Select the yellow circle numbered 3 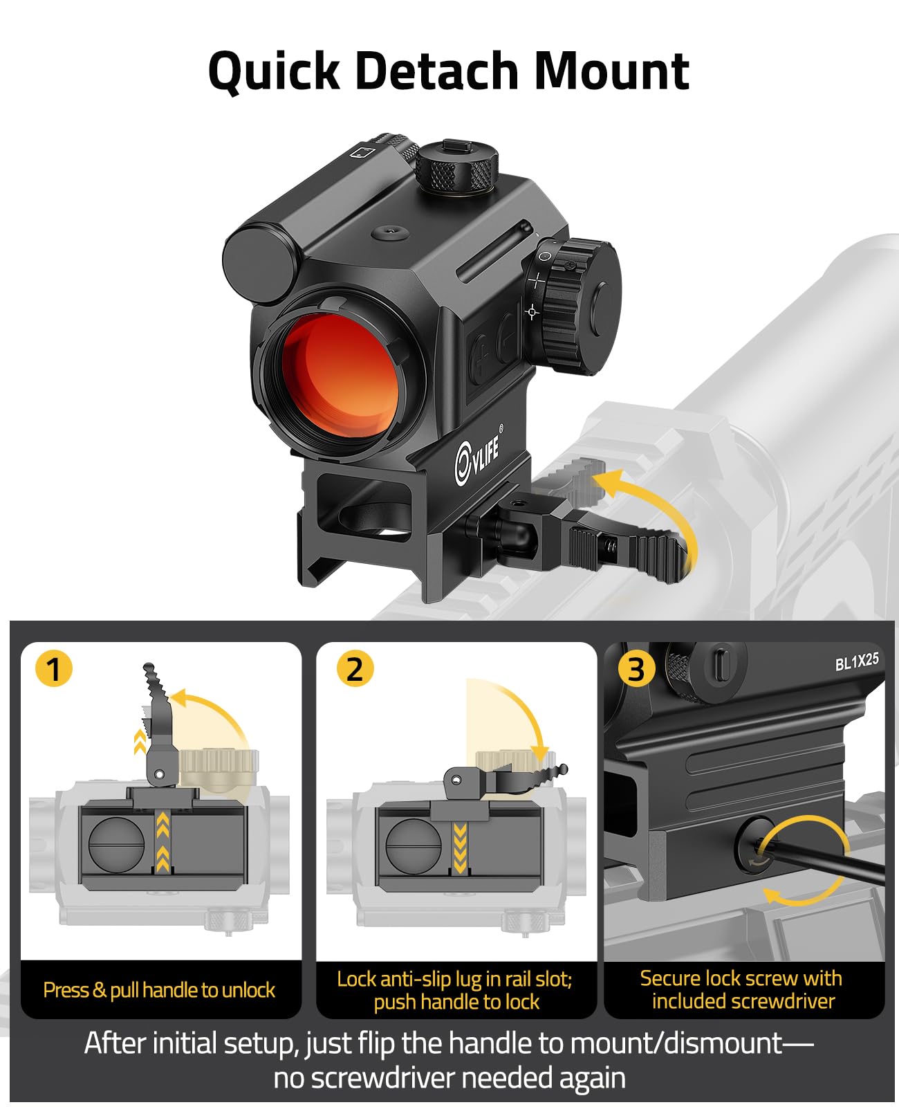(x=636, y=670)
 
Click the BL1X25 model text (x=856, y=661)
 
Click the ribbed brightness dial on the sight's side (x=577, y=306)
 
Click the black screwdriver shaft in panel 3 (x=822, y=861)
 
